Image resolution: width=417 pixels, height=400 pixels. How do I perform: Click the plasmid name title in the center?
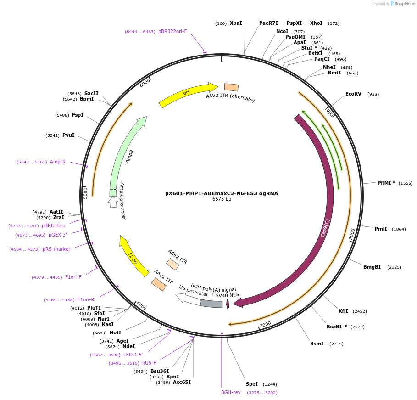pos(222,193)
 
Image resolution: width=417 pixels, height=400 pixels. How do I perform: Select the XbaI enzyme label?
pos(236,23)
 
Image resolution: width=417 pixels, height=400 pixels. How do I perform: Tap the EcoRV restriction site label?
pos(353,94)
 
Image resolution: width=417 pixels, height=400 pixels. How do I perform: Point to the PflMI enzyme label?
pos(386,183)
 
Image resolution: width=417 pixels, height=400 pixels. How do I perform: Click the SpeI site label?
pos(251,384)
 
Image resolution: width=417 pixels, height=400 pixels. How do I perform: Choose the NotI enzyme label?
pos(115,332)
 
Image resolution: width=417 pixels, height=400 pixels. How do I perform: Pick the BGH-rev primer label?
pos(231,392)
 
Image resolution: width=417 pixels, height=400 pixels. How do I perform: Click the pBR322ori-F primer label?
pos(172,31)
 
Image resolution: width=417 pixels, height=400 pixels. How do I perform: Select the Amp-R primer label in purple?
pos(58,162)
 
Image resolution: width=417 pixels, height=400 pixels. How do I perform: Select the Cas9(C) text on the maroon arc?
pos(325,228)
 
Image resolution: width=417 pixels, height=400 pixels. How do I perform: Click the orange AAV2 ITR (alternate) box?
pos(231,87)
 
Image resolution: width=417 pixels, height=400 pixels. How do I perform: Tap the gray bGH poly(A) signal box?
pos(211,304)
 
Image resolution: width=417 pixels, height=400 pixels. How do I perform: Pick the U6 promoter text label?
pos(194,291)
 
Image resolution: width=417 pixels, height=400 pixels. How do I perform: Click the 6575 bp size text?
pos(222,199)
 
